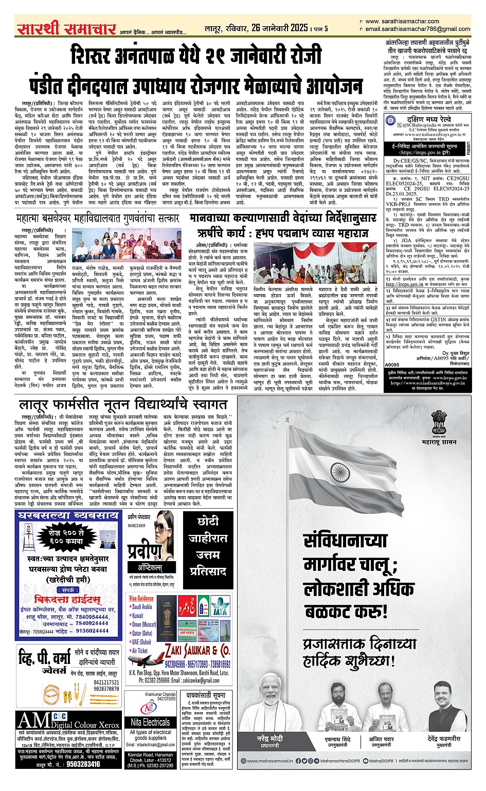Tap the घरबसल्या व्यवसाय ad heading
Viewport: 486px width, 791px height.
point(67,515)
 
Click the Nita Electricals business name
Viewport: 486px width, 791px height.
point(150,722)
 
